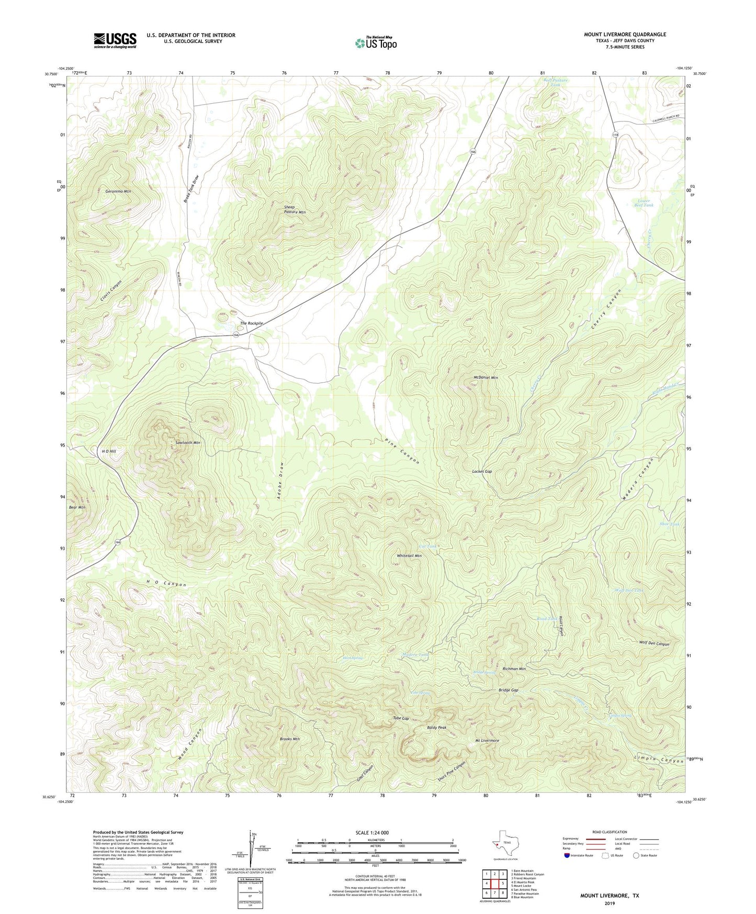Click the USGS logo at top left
(x=115, y=40)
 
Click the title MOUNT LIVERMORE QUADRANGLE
(x=625, y=35)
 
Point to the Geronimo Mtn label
(x=118, y=192)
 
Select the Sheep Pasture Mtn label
(x=295, y=210)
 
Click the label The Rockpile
(x=251, y=324)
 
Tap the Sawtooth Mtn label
(x=188, y=443)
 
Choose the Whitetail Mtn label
(x=409, y=556)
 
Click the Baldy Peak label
(x=436, y=728)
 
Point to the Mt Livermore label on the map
(x=487, y=741)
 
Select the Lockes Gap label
(x=482, y=472)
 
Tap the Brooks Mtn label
(x=290, y=739)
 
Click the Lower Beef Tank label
(x=644, y=203)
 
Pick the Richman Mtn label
(x=514, y=669)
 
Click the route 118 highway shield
(x=616, y=135)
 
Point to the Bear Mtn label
(x=77, y=507)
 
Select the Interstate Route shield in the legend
(x=567, y=855)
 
